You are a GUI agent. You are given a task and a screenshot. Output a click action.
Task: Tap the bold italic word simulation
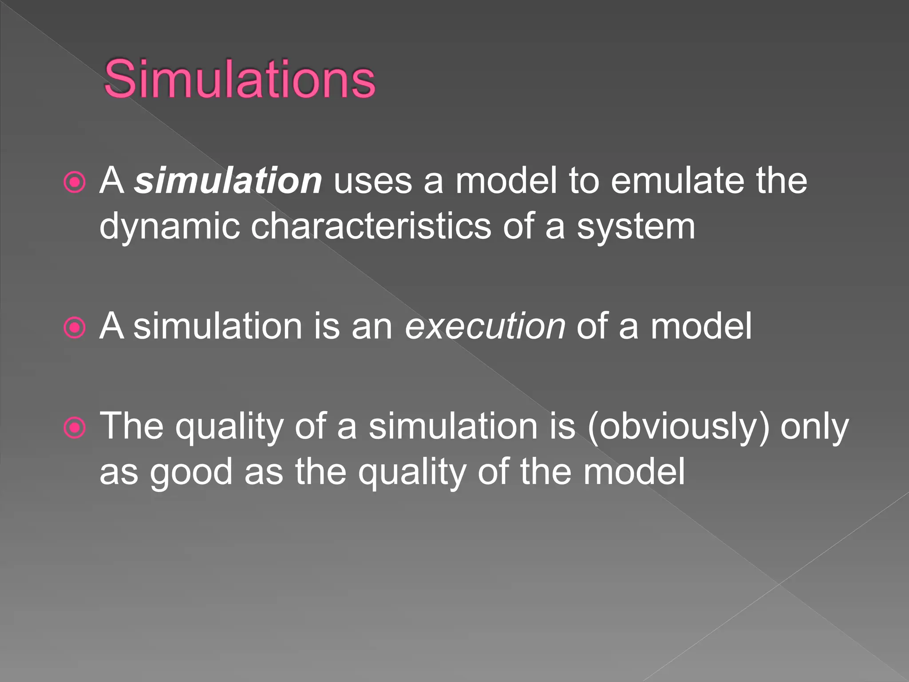point(228,181)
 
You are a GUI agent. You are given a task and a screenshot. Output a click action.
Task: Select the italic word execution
point(485,326)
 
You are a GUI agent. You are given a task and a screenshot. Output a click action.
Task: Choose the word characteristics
point(371,226)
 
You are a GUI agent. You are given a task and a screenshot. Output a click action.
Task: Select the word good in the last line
point(191,472)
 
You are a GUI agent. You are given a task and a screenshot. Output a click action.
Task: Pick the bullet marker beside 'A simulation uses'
point(75,182)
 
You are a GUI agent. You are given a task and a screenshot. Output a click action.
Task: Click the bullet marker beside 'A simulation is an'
point(75,328)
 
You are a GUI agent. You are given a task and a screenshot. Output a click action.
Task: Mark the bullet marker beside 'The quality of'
point(75,428)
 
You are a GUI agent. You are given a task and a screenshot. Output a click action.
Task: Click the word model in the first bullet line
point(506,181)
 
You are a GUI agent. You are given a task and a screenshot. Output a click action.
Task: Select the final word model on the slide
point(634,472)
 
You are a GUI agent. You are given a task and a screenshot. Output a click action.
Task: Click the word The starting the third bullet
point(132,426)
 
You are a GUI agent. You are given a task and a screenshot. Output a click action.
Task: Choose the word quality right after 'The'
point(229,427)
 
